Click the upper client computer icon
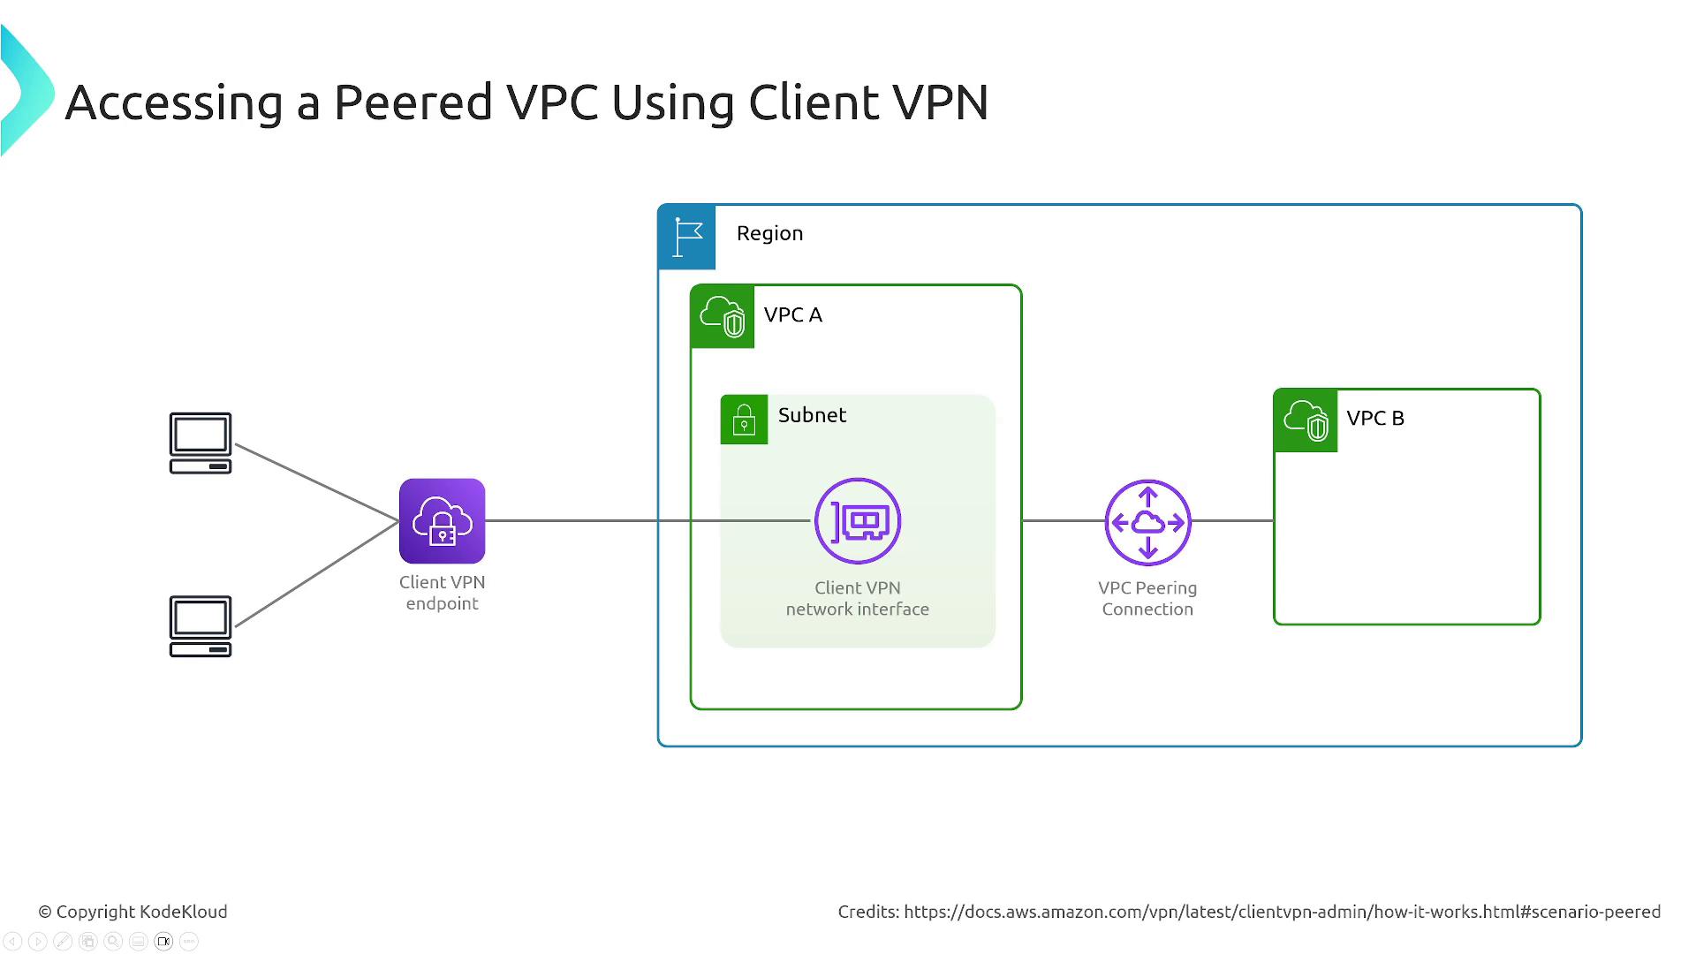tap(201, 443)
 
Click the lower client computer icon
tap(201, 625)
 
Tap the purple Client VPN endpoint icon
tap(442, 521)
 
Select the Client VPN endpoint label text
tap(442, 593)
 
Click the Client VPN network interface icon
tap(857, 521)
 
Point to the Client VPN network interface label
tap(857, 599)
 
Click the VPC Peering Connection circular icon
tap(1147, 522)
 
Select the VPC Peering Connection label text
tap(1147, 599)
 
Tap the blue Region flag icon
tap(687, 237)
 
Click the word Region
tap(769, 233)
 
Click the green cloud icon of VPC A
tap(723, 316)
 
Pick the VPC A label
tap(792, 315)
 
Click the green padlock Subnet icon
tap(744, 420)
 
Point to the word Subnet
tap(812, 415)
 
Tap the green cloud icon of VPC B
tap(1306, 420)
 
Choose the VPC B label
tap(1374, 419)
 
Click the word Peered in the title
tap(413, 102)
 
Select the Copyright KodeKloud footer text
tap(132, 912)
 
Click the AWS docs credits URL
tap(1282, 912)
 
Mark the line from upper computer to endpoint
tap(316, 481)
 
